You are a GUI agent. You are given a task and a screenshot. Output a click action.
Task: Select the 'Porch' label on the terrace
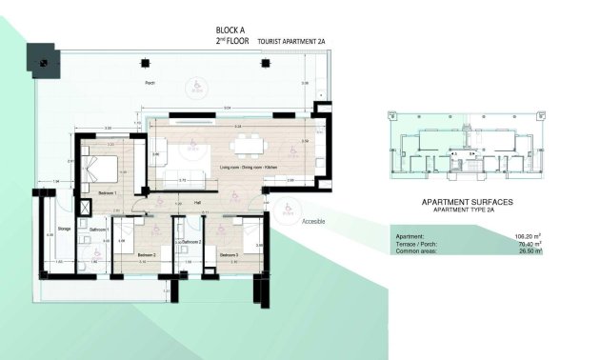point(150,84)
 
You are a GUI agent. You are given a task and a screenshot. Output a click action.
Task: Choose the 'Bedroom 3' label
point(228,255)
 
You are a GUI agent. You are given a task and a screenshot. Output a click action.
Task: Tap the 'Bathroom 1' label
point(100,230)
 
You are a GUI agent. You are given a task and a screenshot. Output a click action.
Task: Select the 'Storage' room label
point(64,229)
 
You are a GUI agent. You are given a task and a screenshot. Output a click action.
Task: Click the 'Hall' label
point(196,201)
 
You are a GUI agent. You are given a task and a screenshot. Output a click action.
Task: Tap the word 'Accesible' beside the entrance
point(314,221)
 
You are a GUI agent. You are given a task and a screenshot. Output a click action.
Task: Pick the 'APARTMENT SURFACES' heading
point(467,203)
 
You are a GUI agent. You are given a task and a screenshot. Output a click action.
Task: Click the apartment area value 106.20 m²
point(526,236)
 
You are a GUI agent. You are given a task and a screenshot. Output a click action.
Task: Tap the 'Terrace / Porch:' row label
point(418,245)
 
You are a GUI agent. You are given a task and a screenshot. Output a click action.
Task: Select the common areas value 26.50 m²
point(528,252)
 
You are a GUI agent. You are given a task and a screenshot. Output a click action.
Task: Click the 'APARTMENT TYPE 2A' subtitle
point(467,211)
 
